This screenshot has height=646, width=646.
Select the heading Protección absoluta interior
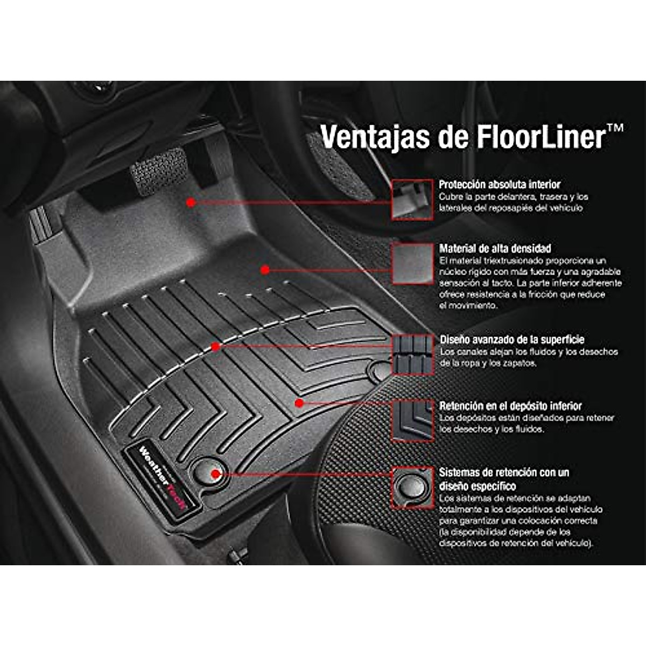pyautogui.click(x=500, y=184)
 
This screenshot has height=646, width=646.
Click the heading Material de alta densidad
pyautogui.click(x=495, y=249)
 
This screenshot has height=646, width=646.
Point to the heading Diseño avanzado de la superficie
pyautogui.click(x=512, y=340)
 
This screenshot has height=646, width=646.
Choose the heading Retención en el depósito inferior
pyautogui.click(x=510, y=406)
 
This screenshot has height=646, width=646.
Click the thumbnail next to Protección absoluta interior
pyautogui.click(x=412, y=199)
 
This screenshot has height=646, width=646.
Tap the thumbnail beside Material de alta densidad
pyautogui.click(x=412, y=263)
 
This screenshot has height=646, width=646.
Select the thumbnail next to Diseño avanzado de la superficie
pyautogui.click(x=412, y=354)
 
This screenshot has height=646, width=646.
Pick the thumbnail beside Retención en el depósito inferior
pyautogui.click(x=412, y=420)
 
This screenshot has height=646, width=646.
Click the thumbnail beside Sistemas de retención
pyautogui.click(x=412, y=488)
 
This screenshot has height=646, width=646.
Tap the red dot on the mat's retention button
pyautogui.click(x=215, y=474)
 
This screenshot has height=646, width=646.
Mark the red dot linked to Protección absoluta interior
pyautogui.click(x=190, y=202)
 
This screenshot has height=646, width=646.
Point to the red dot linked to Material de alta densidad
pyautogui.click(x=265, y=270)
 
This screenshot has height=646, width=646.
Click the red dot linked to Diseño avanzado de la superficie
pyautogui.click(x=216, y=347)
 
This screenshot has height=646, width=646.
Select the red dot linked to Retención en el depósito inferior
pyautogui.click(x=299, y=403)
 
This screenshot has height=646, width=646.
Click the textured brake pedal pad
pyautogui.click(x=158, y=168)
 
